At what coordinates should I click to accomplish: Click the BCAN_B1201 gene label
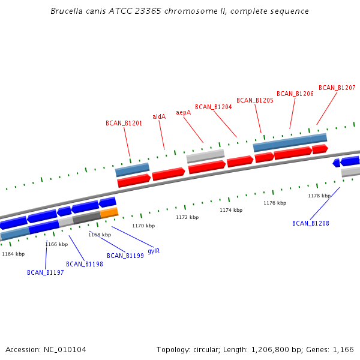point(124,123)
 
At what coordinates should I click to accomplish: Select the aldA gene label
point(159,116)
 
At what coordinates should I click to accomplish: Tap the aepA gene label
point(183,112)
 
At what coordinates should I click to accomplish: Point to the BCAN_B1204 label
point(213,107)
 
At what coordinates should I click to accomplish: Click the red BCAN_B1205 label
point(254,100)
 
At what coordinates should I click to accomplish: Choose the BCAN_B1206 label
point(295,94)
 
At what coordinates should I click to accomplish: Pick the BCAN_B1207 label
point(337,88)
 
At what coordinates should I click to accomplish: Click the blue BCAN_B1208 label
point(310,223)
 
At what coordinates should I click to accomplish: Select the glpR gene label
point(154,251)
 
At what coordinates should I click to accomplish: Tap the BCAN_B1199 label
point(125,256)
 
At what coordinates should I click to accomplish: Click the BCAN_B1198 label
point(84,264)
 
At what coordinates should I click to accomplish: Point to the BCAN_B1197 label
point(45,272)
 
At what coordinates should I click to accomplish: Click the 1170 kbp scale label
point(143,226)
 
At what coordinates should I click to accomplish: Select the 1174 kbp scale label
point(231,210)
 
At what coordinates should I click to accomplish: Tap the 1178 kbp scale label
point(319,196)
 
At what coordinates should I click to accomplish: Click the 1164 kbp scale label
point(13,254)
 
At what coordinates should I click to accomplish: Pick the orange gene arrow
point(109,212)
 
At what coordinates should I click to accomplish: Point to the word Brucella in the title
point(67,11)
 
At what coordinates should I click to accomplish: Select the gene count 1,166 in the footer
point(343,349)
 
